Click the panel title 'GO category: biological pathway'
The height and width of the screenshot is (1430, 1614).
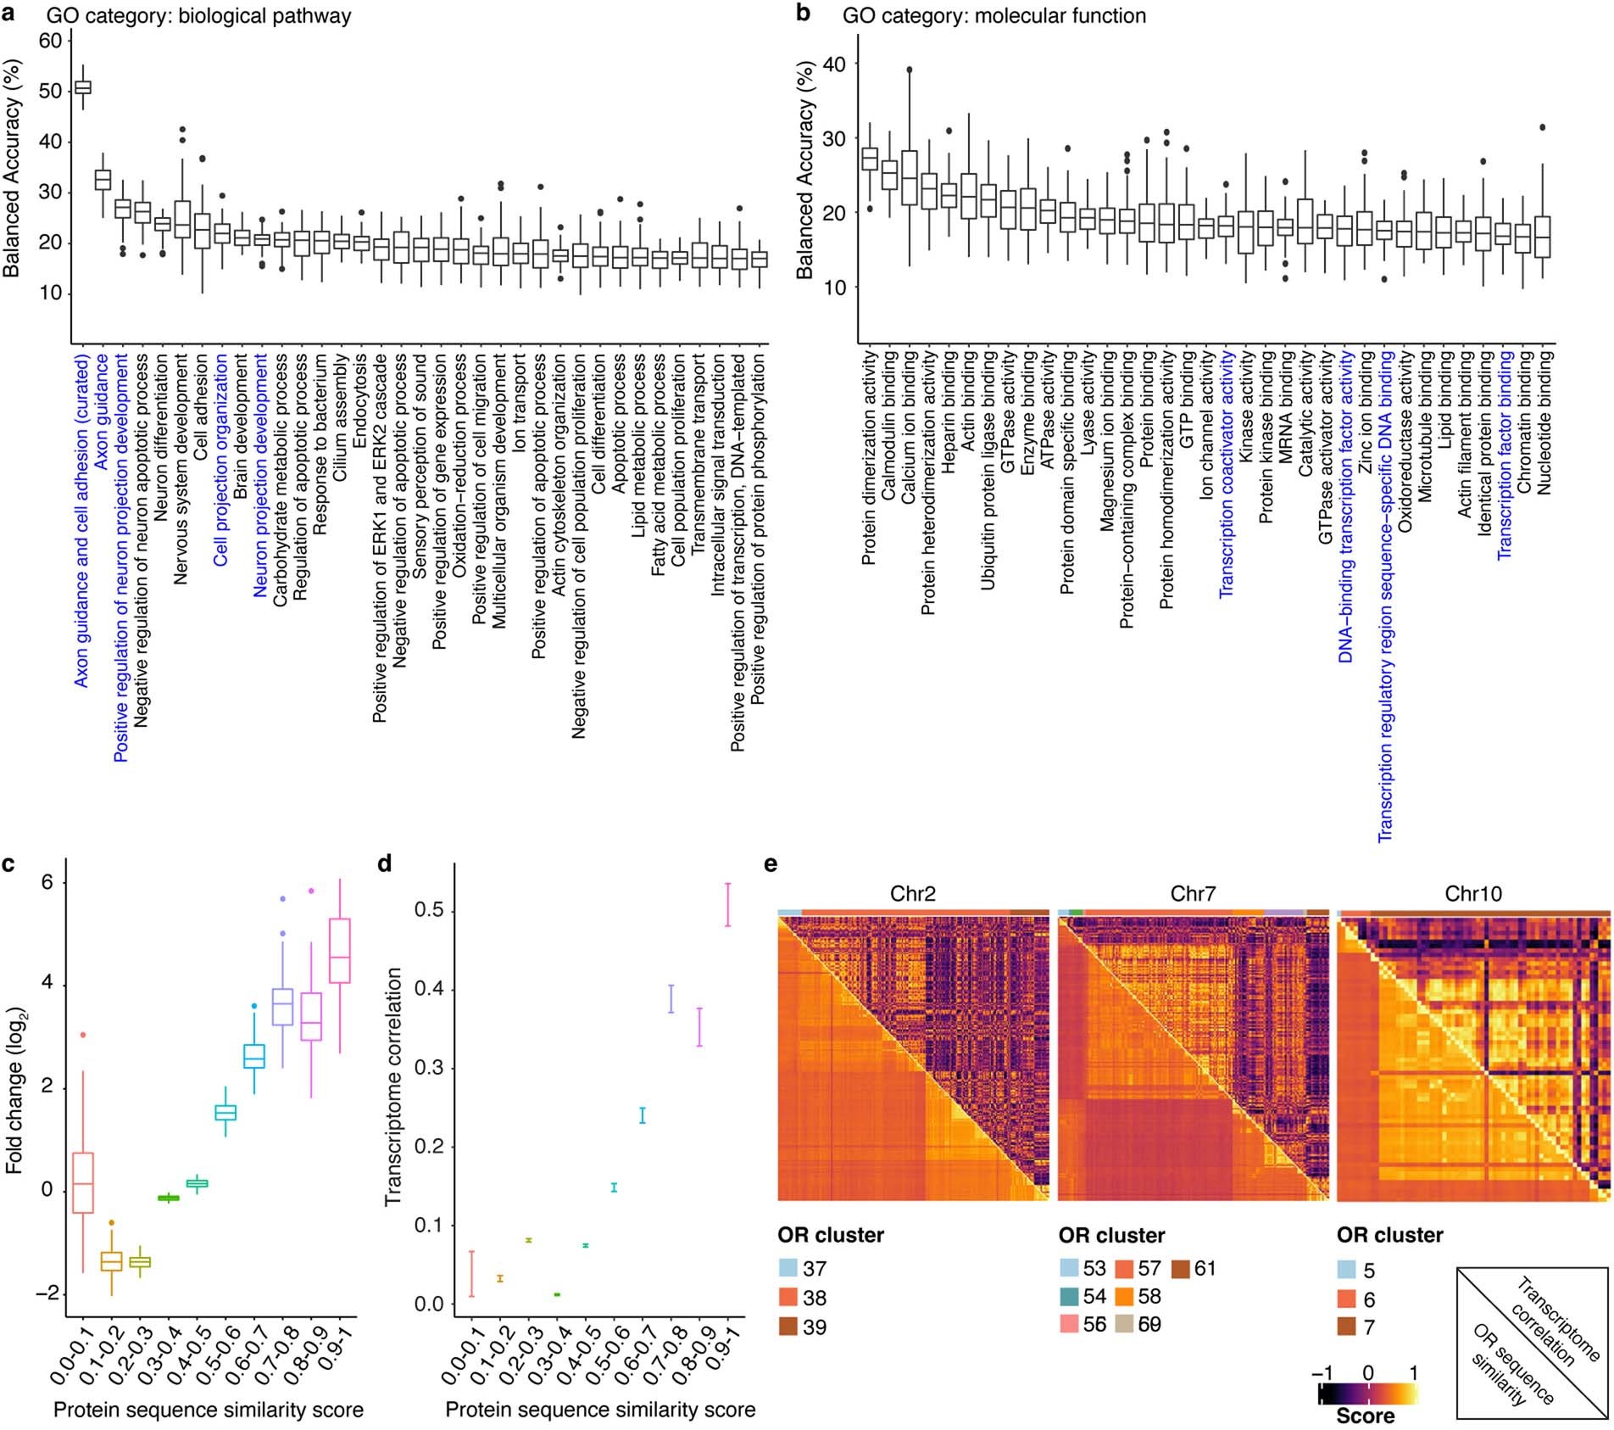coord(198,15)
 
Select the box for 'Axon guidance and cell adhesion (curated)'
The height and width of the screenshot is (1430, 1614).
coord(83,87)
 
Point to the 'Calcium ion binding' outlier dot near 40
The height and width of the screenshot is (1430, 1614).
coord(909,70)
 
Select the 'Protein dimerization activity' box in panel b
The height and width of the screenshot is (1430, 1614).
coord(869,159)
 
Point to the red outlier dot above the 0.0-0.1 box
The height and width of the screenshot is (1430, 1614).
coord(82,1035)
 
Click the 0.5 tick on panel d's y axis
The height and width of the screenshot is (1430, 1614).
coord(429,911)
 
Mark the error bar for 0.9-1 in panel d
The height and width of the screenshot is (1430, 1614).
coord(727,904)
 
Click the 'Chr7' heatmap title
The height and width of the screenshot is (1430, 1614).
coord(1192,893)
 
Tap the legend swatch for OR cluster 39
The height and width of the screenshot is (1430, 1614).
coord(789,1327)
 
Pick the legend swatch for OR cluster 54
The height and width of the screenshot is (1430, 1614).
coord(1070,1297)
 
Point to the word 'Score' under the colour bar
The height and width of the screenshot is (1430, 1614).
coord(1365,1416)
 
